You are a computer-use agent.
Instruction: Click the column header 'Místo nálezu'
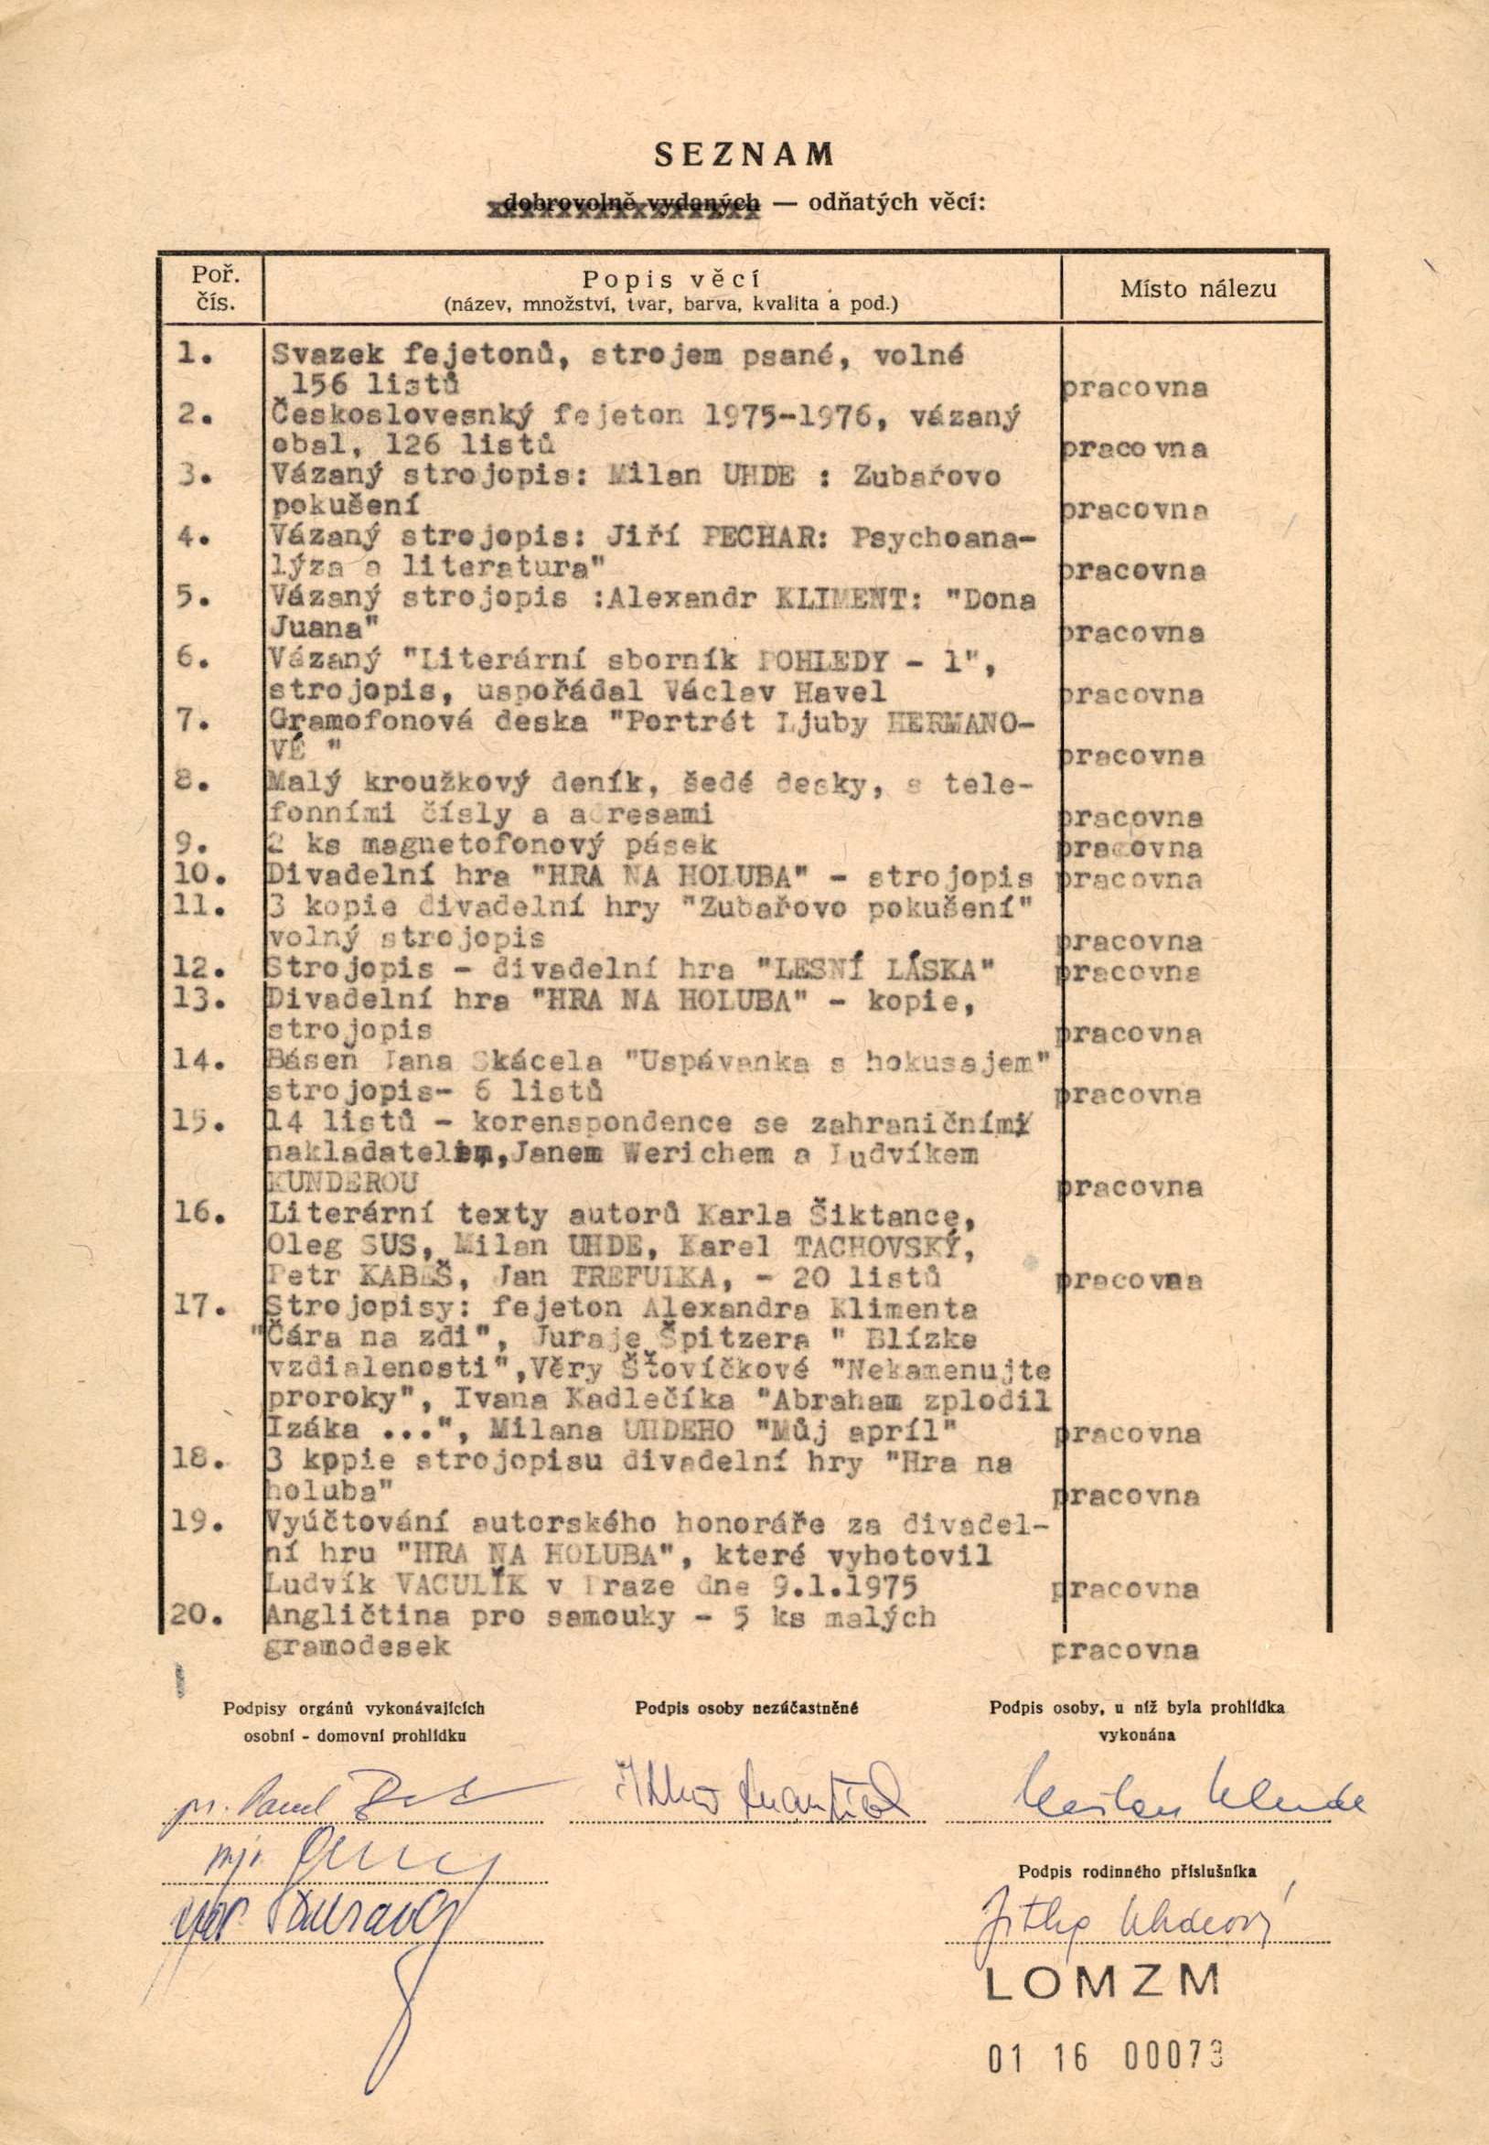[1198, 288]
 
